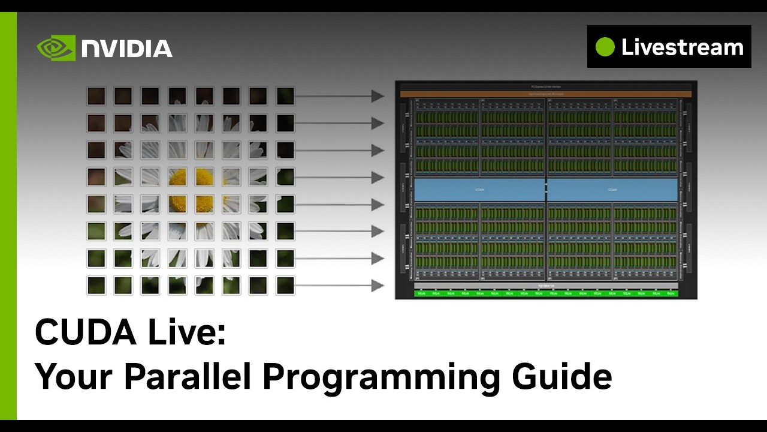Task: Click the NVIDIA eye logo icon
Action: [56, 48]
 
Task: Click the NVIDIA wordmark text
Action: [127, 49]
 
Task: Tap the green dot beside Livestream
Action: [605, 47]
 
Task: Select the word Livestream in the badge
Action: [682, 47]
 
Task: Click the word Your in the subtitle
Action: [73, 376]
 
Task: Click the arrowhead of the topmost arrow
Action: [378, 96]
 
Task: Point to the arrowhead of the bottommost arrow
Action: [378, 286]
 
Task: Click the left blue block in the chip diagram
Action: [479, 190]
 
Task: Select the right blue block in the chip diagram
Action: [612, 190]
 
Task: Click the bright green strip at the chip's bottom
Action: [545, 293]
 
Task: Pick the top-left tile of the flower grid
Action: [96, 96]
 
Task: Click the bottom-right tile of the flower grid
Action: [285, 285]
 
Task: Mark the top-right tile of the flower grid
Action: [285, 96]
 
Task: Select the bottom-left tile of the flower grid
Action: [96, 285]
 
